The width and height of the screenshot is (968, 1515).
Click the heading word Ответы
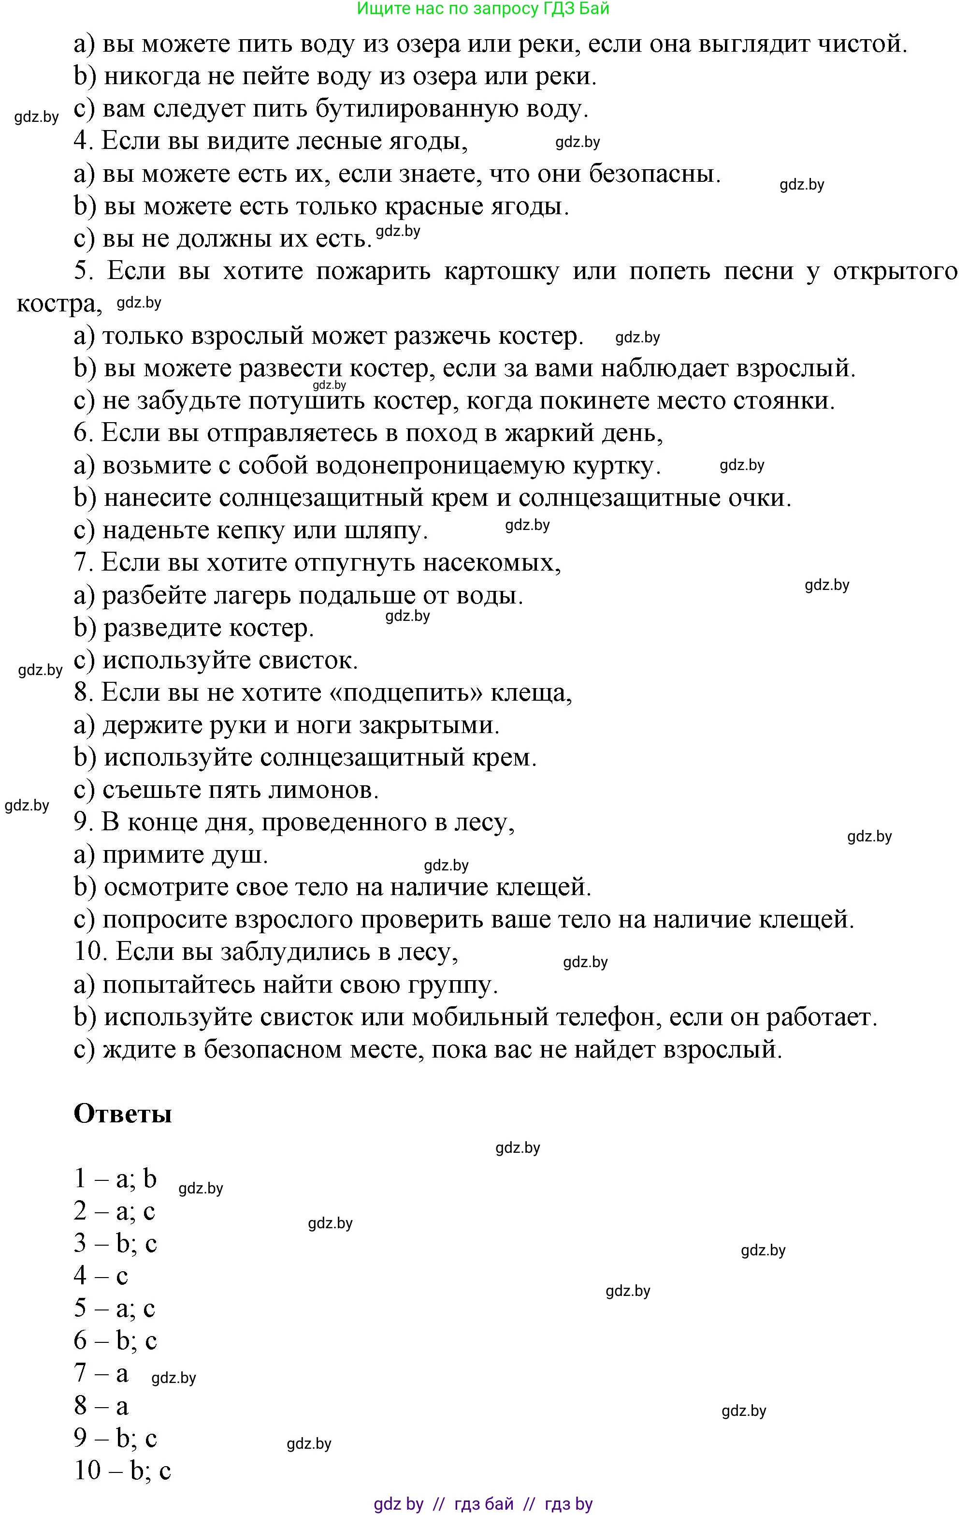click(x=123, y=1114)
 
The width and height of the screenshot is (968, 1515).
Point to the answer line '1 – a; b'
click(x=115, y=1178)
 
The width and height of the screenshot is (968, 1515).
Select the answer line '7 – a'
click(x=101, y=1373)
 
